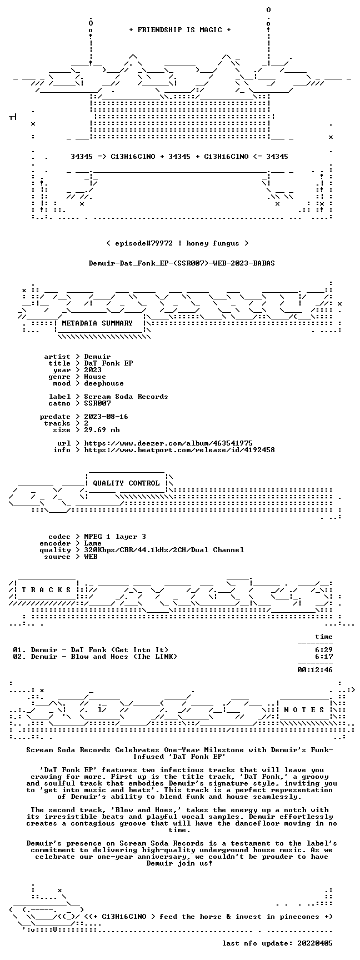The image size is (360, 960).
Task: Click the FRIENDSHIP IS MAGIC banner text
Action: point(180,30)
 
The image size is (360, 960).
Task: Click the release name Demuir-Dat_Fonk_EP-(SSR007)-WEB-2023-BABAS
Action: point(182,263)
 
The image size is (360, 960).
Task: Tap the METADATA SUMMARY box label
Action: point(97,323)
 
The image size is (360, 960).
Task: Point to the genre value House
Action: point(95,377)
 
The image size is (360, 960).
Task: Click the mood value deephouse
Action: point(104,383)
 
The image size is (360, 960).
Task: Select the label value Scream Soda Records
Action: point(126,397)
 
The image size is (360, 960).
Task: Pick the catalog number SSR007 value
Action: point(97,403)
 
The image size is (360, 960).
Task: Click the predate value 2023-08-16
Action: point(106,417)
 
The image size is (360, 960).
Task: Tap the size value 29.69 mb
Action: point(102,430)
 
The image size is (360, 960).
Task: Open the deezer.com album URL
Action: point(168,443)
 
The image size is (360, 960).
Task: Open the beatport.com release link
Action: point(179,450)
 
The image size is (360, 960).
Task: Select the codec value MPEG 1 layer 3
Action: point(115,537)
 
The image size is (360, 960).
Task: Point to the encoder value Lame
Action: point(93,543)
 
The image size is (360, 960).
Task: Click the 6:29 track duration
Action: point(324,650)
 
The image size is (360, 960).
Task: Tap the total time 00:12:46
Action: point(315,670)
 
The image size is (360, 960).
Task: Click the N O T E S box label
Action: point(304,710)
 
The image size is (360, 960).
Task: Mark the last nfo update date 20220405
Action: point(315,943)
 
